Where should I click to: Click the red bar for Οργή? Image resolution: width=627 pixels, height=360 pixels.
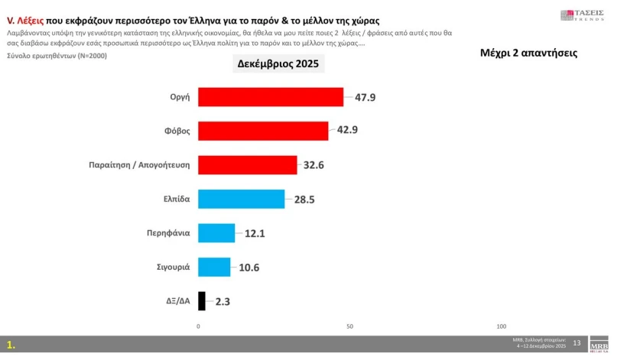(270, 97)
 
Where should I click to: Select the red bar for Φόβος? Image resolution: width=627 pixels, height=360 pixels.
(262, 131)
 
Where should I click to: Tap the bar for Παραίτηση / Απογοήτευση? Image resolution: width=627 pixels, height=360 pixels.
(247, 164)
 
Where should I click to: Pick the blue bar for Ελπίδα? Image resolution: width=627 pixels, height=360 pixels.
(241, 199)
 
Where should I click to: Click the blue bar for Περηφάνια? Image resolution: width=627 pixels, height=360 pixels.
(216, 232)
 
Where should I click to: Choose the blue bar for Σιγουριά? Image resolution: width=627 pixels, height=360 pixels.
(214, 267)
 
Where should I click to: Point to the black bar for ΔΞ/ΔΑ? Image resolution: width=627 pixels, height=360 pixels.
(202, 301)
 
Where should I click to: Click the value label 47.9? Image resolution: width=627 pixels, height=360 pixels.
(365, 97)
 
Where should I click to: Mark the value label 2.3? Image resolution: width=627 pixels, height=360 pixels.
(223, 301)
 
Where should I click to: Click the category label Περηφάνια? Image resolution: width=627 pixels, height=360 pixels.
(169, 232)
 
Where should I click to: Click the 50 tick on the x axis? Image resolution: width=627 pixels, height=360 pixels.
(350, 326)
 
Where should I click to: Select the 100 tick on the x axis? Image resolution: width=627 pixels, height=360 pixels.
(502, 326)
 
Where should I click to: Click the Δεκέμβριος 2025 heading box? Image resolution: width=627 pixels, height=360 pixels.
(278, 64)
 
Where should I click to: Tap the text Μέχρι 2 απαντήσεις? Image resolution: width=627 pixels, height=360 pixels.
(528, 53)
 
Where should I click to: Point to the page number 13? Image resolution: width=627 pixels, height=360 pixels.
(577, 342)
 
